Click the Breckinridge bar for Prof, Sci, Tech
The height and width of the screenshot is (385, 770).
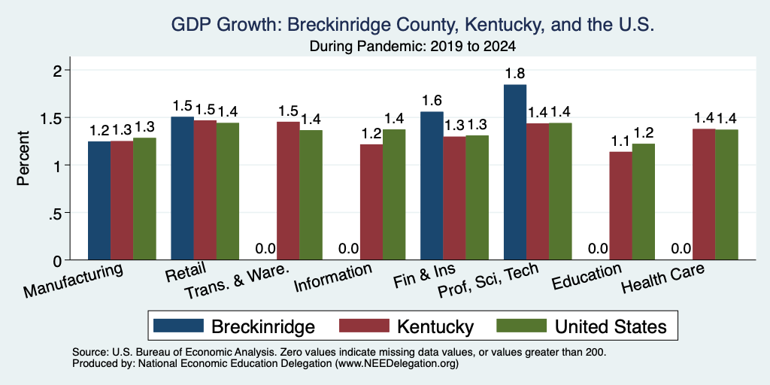tap(515, 172)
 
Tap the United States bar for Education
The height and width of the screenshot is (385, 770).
tap(644, 202)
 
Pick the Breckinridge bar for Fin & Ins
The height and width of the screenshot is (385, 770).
tap(432, 186)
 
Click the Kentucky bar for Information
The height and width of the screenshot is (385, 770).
tap(371, 202)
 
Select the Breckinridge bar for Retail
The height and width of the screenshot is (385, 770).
tap(182, 188)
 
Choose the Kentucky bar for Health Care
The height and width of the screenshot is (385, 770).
tap(704, 195)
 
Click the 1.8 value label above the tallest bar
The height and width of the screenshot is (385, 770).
tap(515, 74)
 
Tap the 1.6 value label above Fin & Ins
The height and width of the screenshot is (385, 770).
tap(432, 101)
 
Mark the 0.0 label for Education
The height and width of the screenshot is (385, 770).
tap(598, 249)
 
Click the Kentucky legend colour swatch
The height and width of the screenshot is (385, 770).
tap(365, 326)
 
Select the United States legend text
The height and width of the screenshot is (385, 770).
tap(611, 326)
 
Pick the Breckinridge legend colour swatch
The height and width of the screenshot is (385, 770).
tap(178, 326)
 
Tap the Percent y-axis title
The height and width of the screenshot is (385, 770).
tap(23, 158)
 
